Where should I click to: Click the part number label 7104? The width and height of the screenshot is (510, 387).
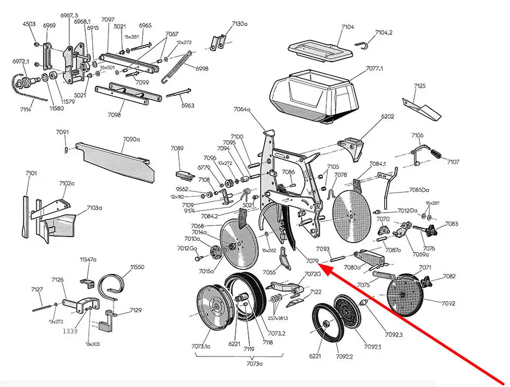347,27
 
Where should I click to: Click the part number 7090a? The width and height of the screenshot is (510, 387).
131,140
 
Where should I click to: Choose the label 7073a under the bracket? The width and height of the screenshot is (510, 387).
253,363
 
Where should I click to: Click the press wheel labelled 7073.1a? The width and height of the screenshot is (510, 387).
212,308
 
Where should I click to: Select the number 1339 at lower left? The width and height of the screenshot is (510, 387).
69,331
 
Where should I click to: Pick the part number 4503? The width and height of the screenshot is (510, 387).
29,24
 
